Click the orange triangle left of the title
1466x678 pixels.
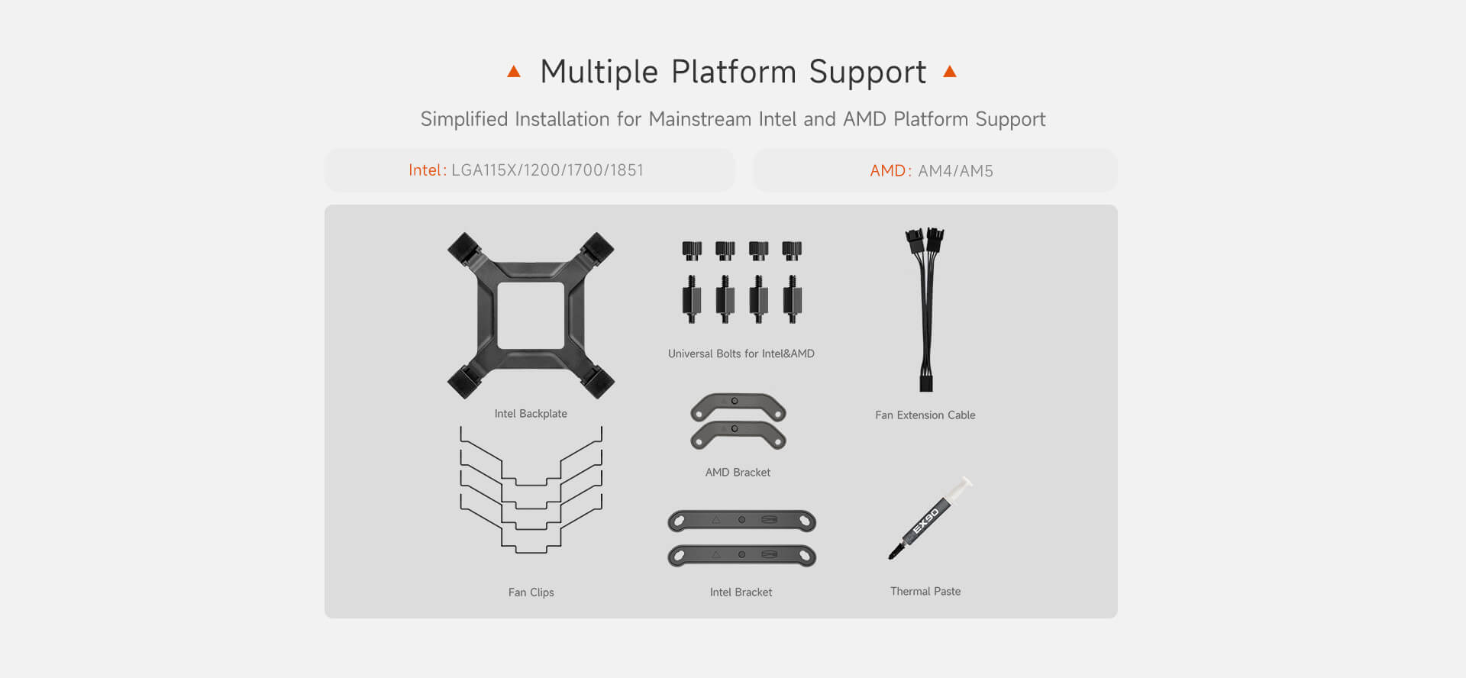[x=514, y=72]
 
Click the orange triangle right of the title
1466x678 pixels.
[x=950, y=71]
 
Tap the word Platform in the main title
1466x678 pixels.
[x=733, y=73]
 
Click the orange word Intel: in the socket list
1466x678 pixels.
[x=428, y=170]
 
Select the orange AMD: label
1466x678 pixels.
[x=891, y=171]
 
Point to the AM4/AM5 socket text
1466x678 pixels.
[x=955, y=171]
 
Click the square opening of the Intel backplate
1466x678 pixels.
[x=531, y=315]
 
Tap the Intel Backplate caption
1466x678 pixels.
[x=531, y=414]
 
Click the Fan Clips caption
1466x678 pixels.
[x=531, y=592]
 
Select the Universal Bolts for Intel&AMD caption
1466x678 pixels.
[x=741, y=354]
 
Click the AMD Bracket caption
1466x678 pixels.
[x=738, y=473]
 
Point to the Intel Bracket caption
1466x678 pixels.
[x=741, y=592]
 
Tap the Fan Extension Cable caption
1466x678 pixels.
[x=925, y=415]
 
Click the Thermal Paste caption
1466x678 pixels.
[x=925, y=592]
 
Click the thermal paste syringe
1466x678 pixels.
[x=930, y=518]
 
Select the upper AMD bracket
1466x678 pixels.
[x=738, y=407]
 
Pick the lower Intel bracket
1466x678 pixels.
[x=741, y=556]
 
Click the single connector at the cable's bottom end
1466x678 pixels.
[x=926, y=382]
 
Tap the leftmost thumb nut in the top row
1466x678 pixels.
[x=692, y=250]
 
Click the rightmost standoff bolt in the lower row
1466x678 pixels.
[x=793, y=299]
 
